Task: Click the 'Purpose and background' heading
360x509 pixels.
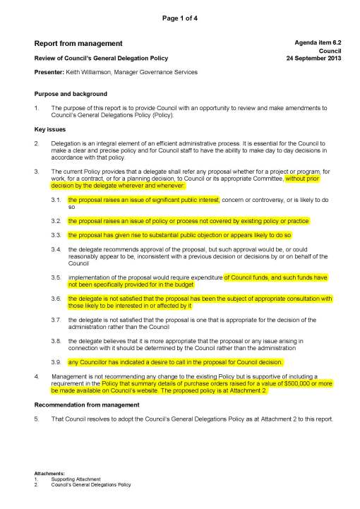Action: [x=71, y=94]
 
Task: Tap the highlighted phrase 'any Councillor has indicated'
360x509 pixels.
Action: [x=106, y=361]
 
